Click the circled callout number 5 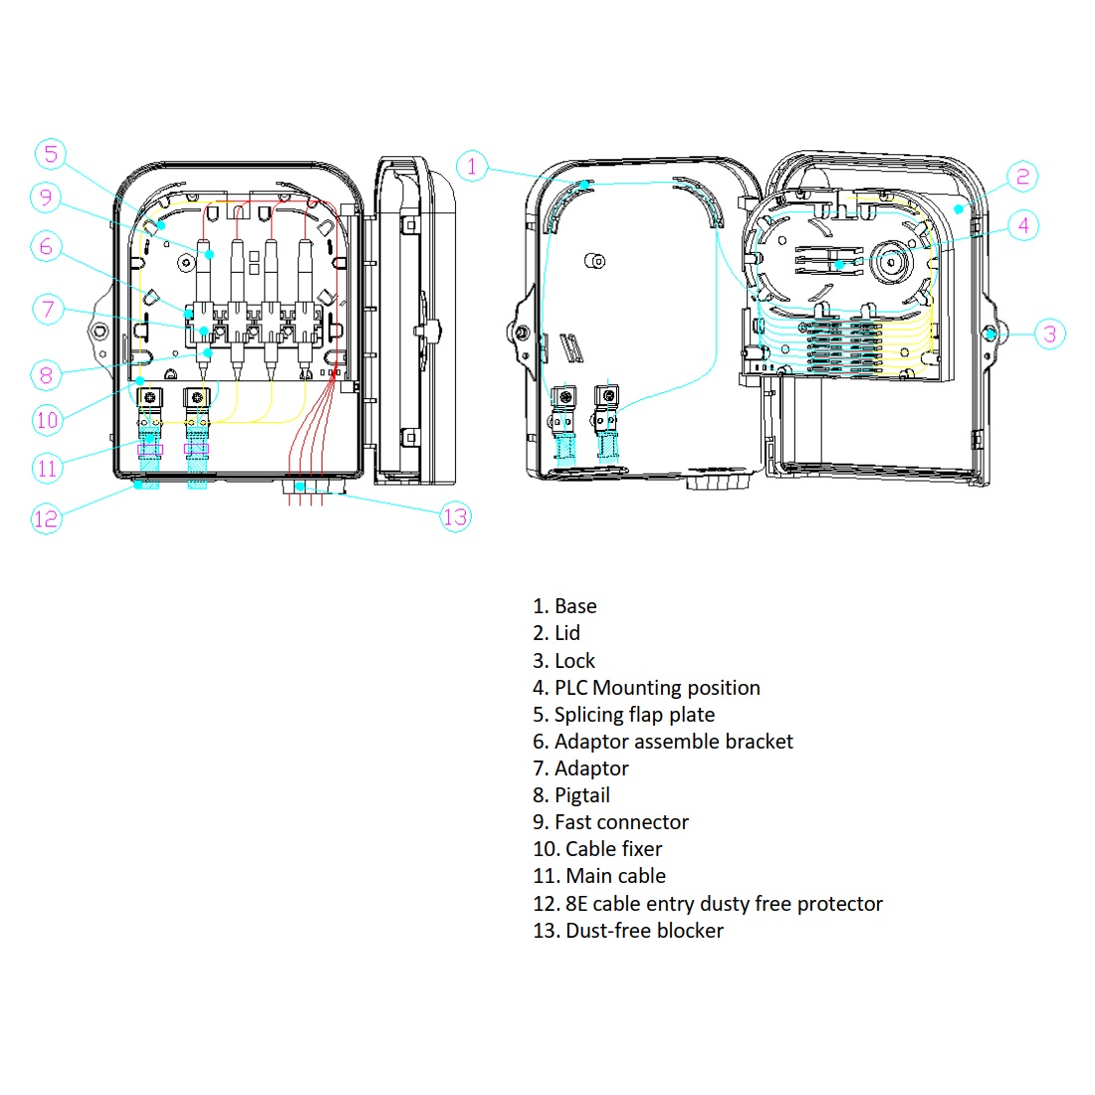(x=51, y=153)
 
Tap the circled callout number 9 (x=46, y=197)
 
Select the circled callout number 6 (x=46, y=246)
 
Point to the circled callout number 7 (x=48, y=309)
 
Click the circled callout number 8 (x=46, y=374)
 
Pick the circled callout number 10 (x=47, y=420)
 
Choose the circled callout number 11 (x=47, y=467)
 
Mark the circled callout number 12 (x=46, y=518)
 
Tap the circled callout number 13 (x=455, y=517)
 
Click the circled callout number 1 (x=472, y=166)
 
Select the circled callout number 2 (x=1022, y=177)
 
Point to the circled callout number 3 (x=1049, y=333)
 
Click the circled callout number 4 (x=1023, y=225)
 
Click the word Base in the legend (x=575, y=606)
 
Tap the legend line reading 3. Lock (x=563, y=661)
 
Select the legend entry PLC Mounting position (x=657, y=688)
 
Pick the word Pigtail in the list (x=582, y=795)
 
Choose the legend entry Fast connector (x=621, y=822)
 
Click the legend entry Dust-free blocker (x=644, y=931)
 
